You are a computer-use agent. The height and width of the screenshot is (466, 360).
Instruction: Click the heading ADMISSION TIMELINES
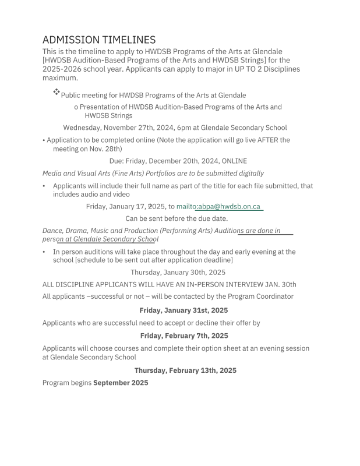(99, 40)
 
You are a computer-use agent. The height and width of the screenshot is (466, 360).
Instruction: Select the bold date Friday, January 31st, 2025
(183, 310)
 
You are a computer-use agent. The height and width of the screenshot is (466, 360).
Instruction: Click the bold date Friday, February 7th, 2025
(183, 336)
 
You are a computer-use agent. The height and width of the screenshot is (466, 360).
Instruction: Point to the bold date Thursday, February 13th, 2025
(185, 370)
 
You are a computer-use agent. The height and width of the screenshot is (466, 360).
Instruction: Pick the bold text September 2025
(121, 383)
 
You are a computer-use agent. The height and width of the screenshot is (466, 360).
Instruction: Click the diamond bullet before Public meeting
(57, 92)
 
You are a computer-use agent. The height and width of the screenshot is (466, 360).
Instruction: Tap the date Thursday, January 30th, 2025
(178, 272)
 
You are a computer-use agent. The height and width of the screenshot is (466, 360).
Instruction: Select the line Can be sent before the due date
(177, 218)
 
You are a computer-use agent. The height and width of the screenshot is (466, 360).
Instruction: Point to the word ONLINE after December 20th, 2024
(234, 161)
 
